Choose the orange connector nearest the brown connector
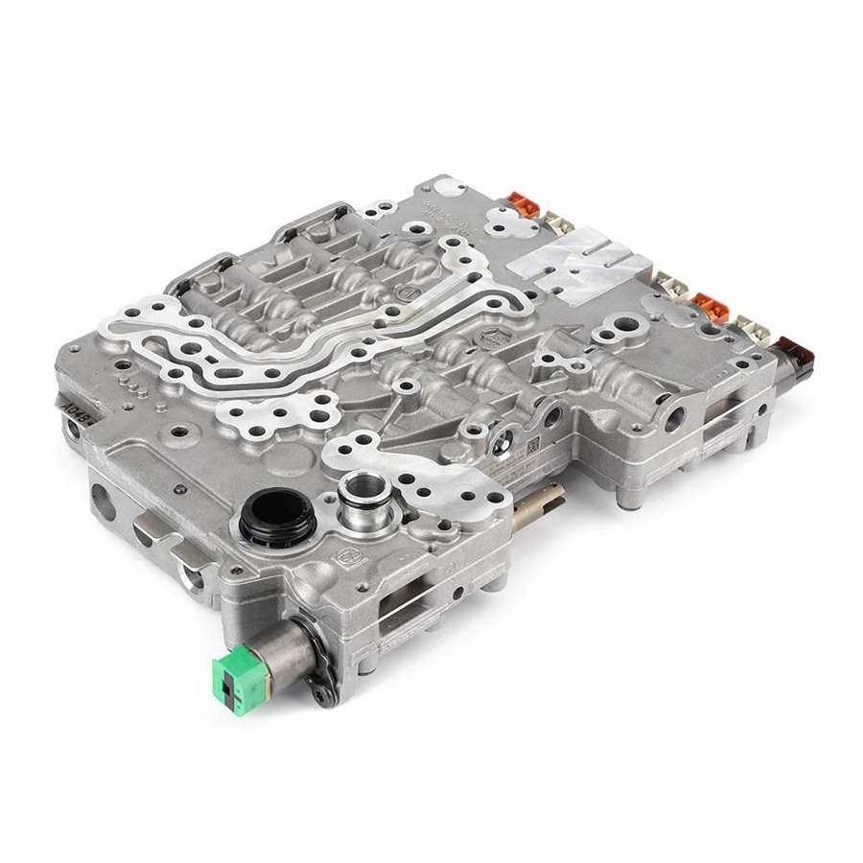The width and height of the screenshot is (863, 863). click(x=709, y=306)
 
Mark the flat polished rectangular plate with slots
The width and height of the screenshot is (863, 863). click(x=571, y=259)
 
